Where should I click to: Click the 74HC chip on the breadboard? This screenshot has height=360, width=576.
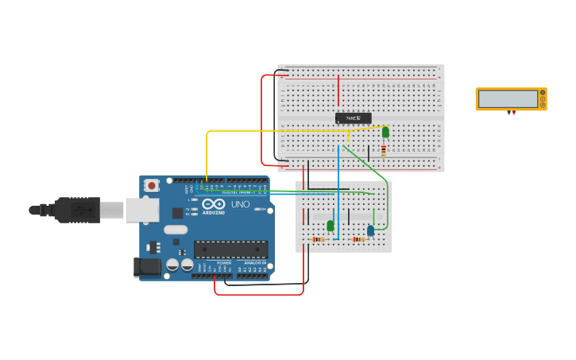coord(353,118)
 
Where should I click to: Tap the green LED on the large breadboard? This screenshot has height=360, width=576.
coord(385,132)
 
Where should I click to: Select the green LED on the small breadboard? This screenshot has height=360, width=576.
coord(331,225)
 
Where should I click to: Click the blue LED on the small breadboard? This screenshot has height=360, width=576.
coord(370,230)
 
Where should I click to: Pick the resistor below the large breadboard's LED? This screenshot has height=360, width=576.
coord(384,150)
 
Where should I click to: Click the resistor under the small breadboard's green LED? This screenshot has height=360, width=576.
coord(319,239)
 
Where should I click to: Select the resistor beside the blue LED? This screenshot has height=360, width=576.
coord(359,239)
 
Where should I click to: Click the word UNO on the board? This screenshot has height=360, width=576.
coord(240,204)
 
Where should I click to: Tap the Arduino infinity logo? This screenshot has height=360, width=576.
coord(214,205)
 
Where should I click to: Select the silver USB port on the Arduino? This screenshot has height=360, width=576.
coord(141,210)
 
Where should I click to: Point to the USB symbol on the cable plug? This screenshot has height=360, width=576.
coord(81,211)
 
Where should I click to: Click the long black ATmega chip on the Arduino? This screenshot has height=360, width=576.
coord(230,250)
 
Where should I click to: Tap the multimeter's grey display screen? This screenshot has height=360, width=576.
coord(508,99)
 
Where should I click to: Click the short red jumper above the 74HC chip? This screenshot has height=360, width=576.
coord(338,91)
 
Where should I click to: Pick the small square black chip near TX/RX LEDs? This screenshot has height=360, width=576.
coord(177,213)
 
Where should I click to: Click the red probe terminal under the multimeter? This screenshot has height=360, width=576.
coord(514,113)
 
